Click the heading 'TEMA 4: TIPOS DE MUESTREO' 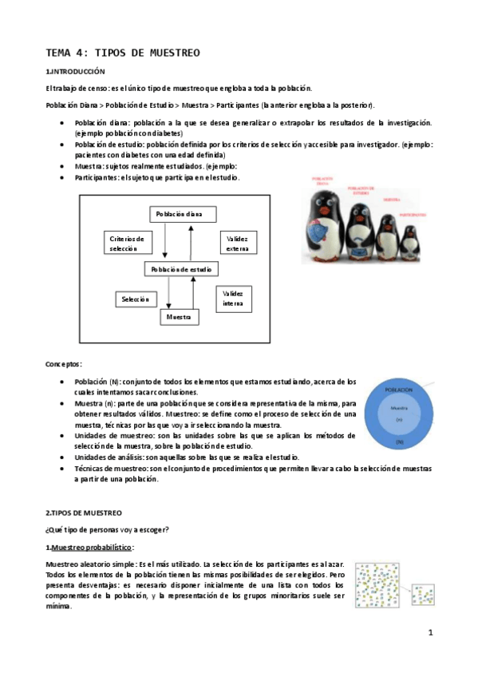pos(122,53)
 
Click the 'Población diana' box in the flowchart pos(179,214)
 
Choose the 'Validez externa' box pos(237,243)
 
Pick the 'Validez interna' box pos(234,299)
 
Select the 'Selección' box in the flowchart pos(135,299)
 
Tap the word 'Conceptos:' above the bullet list pos(64,363)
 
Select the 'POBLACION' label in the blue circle pos(399,389)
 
